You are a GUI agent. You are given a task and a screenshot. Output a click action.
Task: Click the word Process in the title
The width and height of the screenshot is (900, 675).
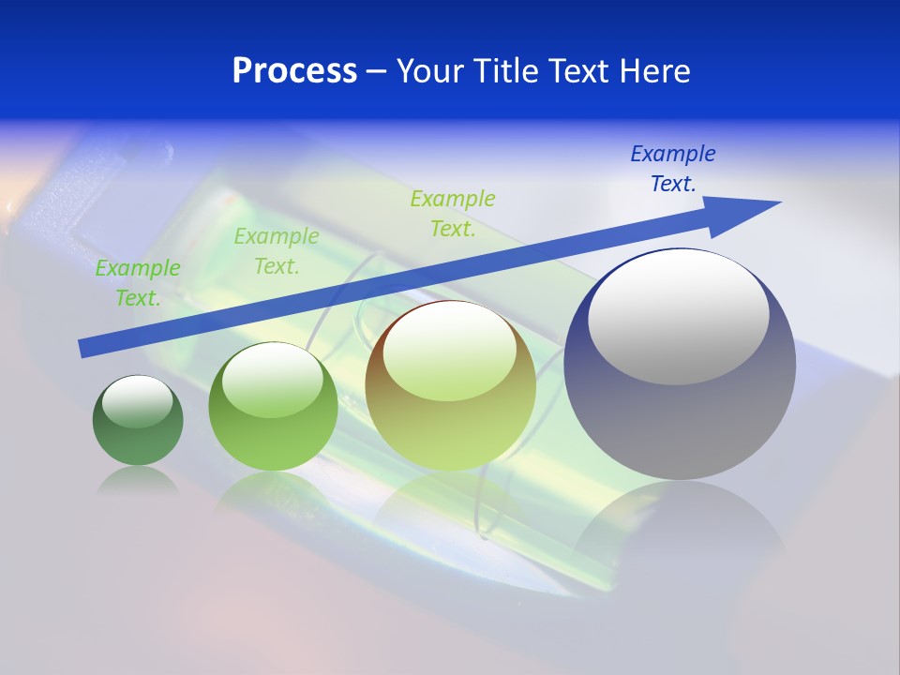tap(294, 70)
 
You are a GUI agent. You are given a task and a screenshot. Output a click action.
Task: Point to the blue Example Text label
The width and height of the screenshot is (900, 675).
tap(673, 169)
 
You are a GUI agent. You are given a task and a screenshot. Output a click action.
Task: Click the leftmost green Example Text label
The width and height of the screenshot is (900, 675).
tap(138, 283)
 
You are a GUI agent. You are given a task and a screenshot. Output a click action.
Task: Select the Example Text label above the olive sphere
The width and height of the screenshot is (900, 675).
tap(453, 214)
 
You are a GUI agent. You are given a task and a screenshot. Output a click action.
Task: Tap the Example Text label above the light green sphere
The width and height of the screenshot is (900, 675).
tap(277, 251)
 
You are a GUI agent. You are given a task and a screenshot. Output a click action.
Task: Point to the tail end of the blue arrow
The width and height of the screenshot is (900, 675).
tap(86, 348)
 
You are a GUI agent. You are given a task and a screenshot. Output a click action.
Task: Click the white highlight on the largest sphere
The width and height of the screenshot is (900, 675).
tap(678, 317)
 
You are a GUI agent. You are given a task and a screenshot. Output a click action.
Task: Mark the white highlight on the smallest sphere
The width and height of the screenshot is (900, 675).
tap(138, 402)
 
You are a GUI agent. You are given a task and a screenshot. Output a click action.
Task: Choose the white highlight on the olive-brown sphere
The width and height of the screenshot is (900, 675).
tap(449, 352)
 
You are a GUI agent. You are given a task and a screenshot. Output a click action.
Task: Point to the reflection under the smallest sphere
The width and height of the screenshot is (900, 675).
tap(138, 481)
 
